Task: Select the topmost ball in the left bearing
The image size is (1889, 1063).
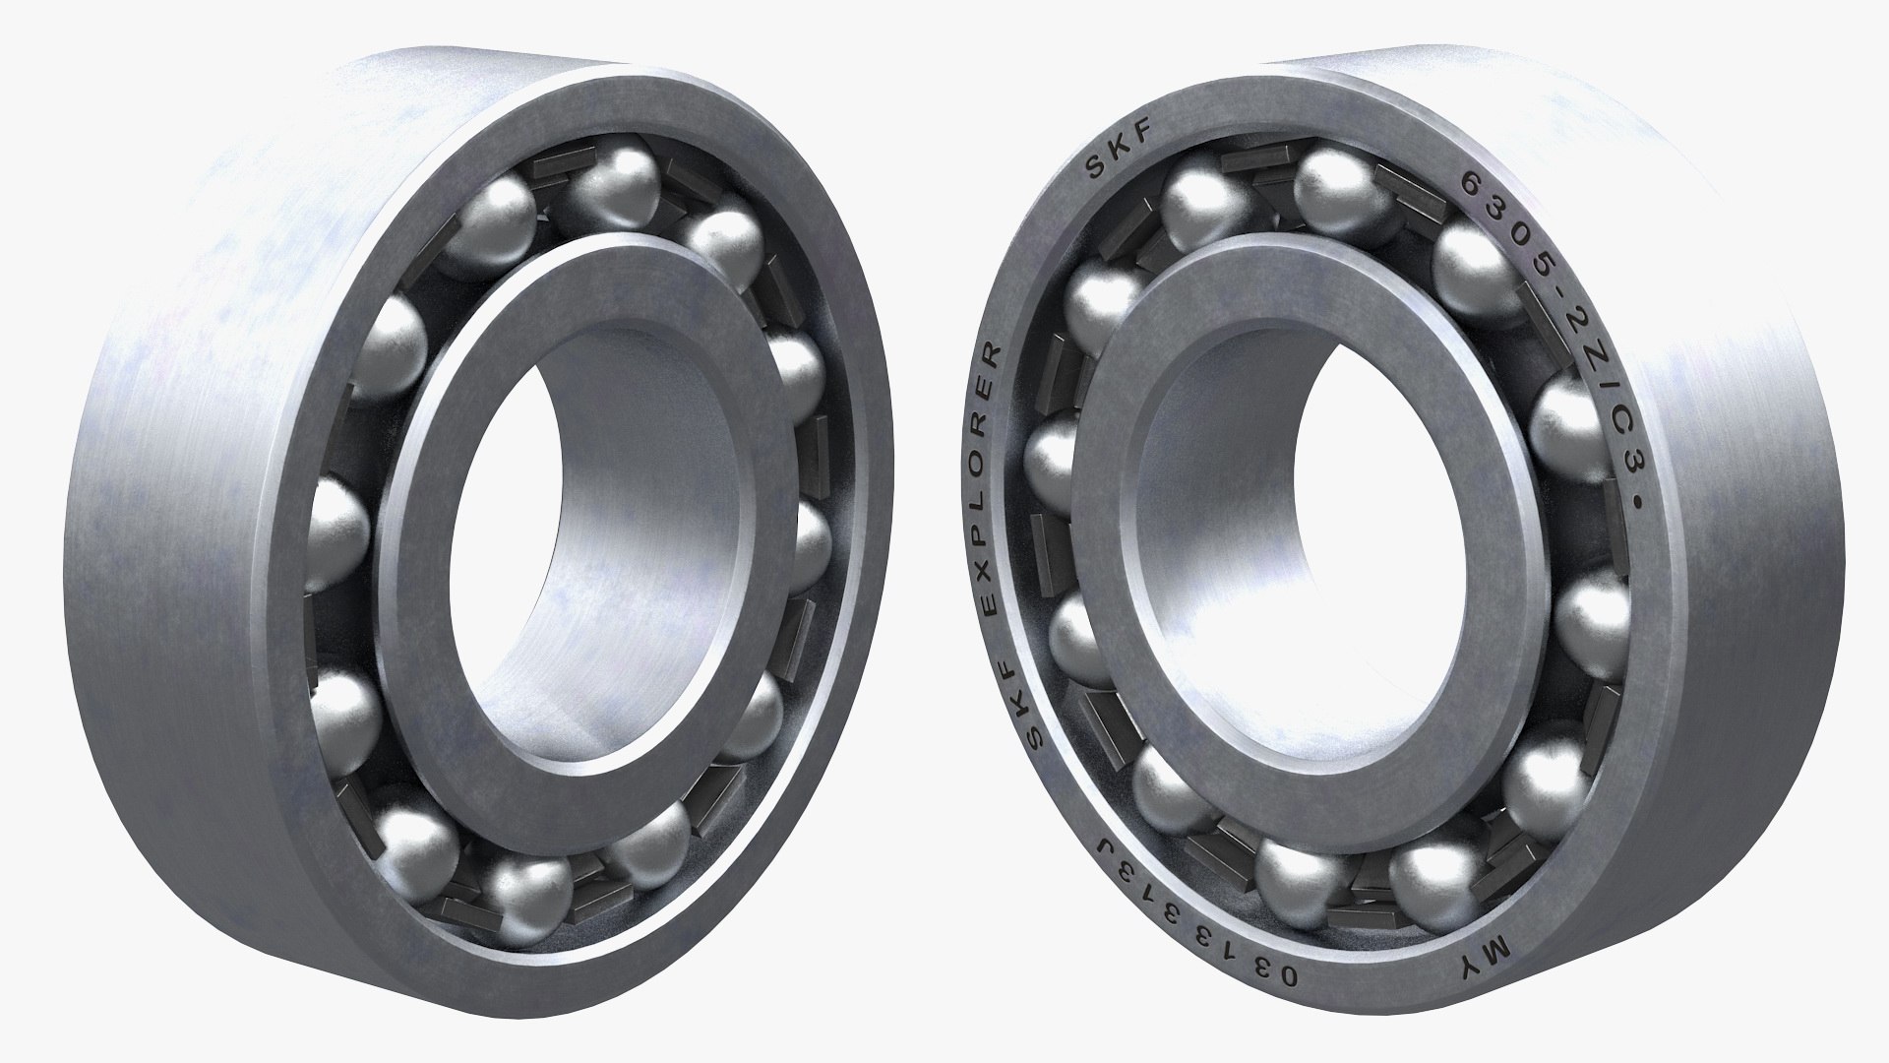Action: tap(616, 183)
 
